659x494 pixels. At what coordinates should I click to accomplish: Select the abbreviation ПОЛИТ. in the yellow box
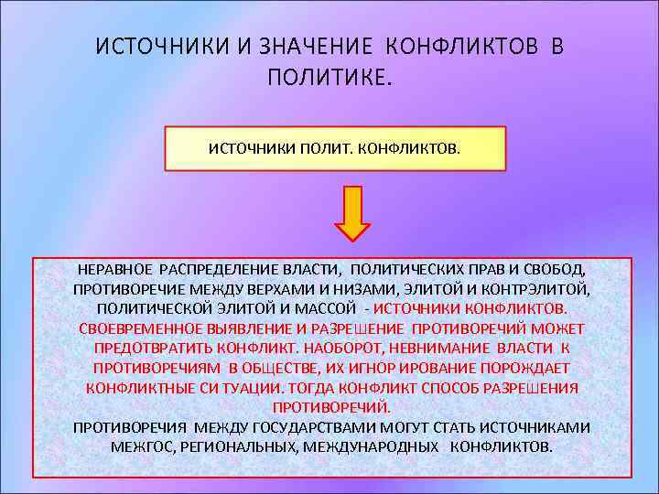pyautogui.click(x=315, y=148)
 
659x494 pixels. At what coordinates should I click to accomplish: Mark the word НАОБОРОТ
pyautogui.click(x=352, y=349)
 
